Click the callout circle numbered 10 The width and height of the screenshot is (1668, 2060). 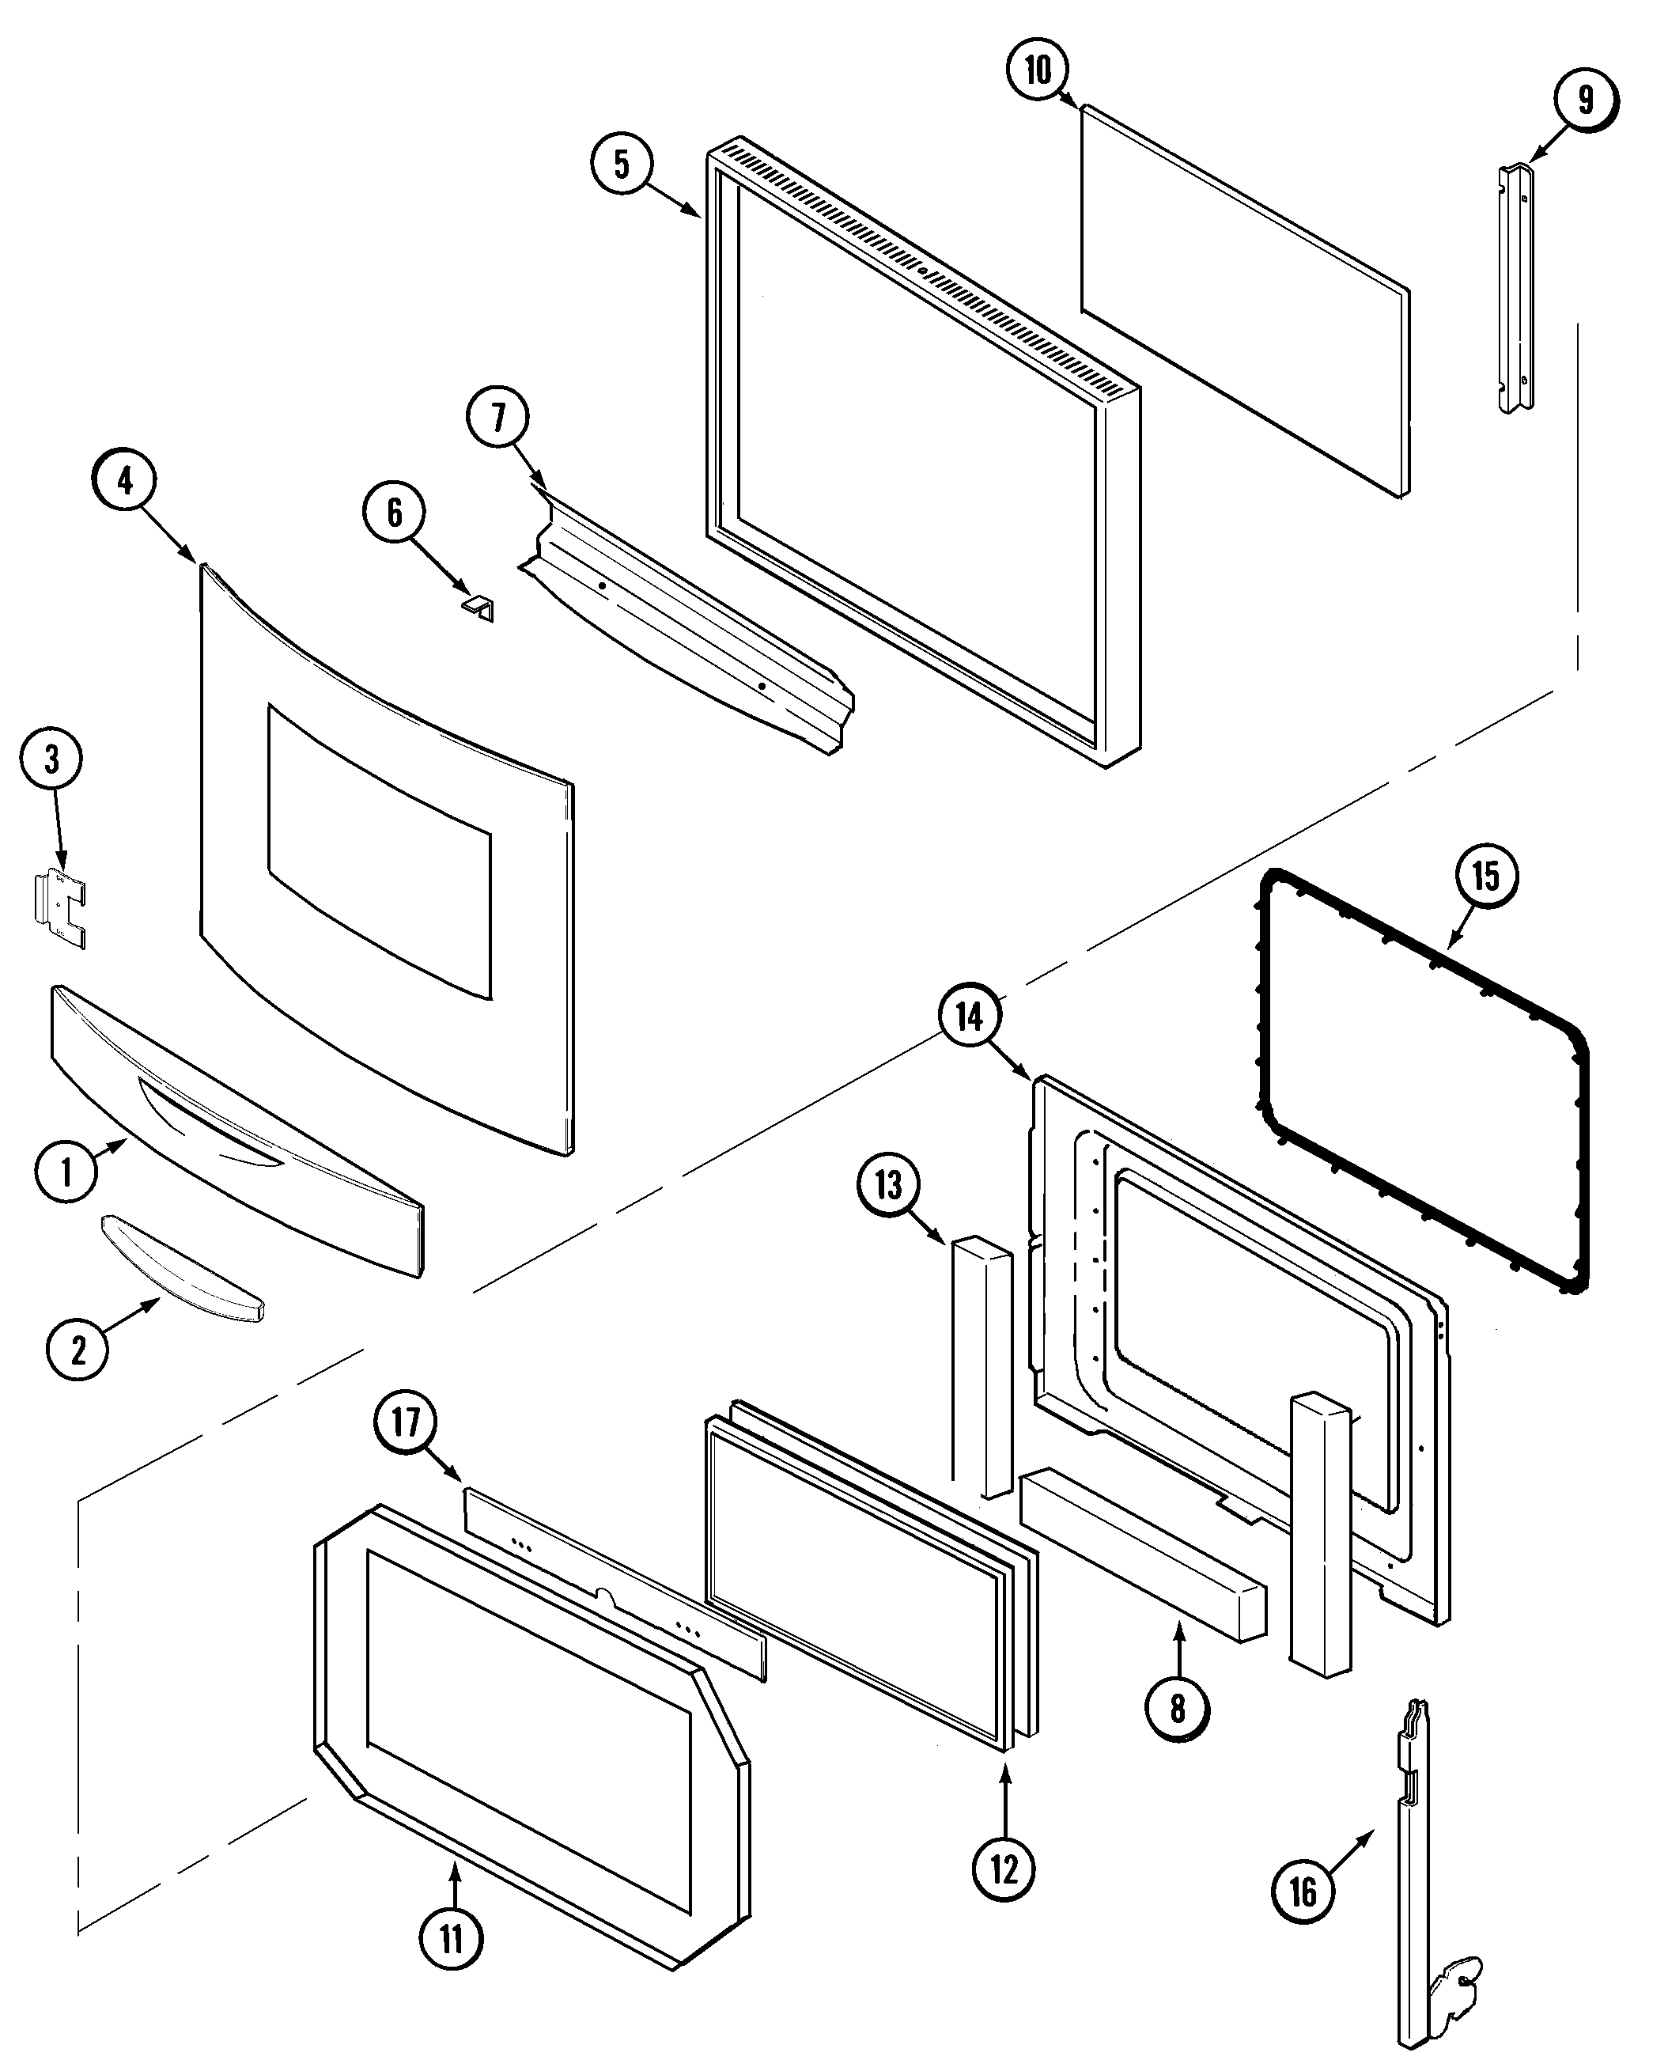[1038, 70]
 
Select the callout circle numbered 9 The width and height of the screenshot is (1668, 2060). [1586, 100]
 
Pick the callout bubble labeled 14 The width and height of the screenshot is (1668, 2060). [970, 1017]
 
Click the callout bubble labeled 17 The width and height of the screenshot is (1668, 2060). [406, 1421]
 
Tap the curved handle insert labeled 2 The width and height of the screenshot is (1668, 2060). [183, 1269]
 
